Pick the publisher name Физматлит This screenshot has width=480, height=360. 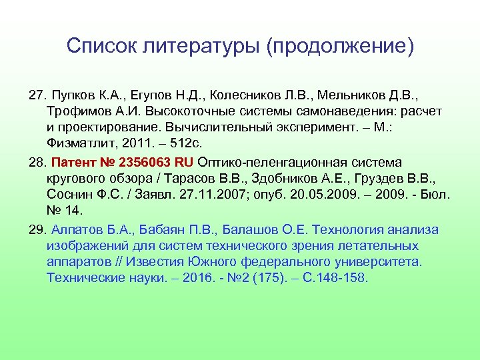(78, 142)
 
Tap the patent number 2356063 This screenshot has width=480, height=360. (147, 162)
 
